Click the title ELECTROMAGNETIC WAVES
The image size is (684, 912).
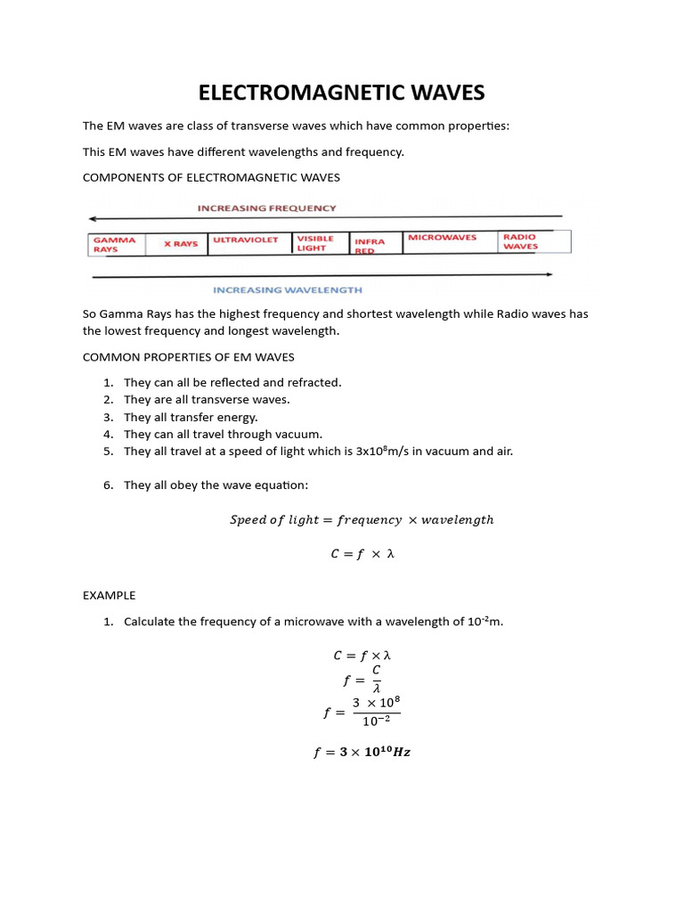(x=342, y=93)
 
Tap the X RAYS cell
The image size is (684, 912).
(x=181, y=244)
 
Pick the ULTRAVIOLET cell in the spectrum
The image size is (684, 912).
(x=246, y=240)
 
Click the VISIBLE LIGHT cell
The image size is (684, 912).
(x=315, y=243)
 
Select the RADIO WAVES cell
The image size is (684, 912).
(x=521, y=241)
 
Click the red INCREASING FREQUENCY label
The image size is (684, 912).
(x=267, y=208)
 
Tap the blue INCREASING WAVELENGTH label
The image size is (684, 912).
(x=287, y=290)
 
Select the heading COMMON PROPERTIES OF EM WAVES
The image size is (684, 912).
(x=188, y=357)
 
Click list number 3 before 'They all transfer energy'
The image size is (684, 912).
(x=107, y=417)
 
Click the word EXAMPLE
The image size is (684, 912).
(x=109, y=595)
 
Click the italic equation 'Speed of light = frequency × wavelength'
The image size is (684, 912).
(x=362, y=519)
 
